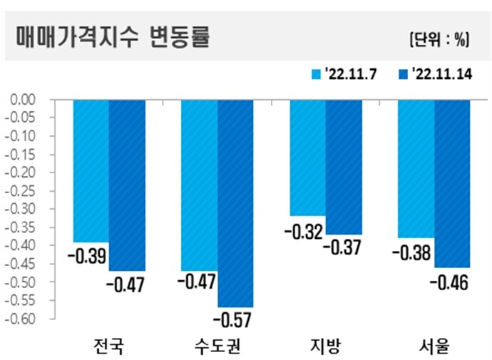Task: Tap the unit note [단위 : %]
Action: (439, 40)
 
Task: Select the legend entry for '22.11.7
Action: (339, 74)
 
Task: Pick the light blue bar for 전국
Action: (91, 171)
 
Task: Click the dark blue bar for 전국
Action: (127, 185)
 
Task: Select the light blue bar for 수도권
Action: (200, 185)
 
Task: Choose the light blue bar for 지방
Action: (307, 158)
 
